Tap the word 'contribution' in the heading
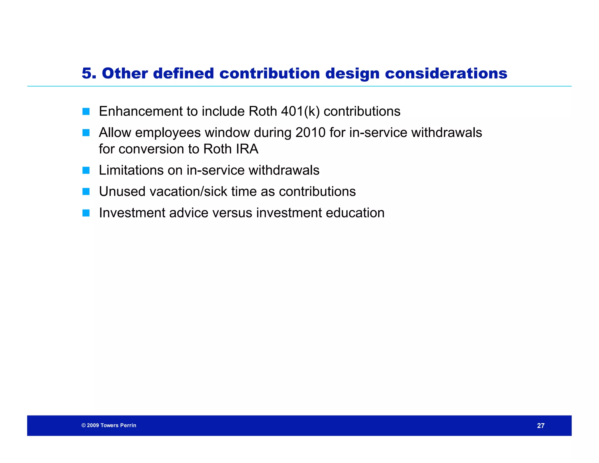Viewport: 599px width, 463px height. (269, 73)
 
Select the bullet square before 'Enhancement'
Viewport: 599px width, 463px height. (86, 112)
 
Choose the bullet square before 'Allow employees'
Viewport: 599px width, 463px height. (86, 133)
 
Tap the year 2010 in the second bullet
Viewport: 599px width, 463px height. (310, 133)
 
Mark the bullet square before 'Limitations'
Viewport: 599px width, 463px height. (86, 170)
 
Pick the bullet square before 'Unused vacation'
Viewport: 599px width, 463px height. (86, 192)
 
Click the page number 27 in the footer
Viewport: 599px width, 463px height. (541, 426)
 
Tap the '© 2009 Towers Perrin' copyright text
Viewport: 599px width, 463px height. (109, 425)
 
